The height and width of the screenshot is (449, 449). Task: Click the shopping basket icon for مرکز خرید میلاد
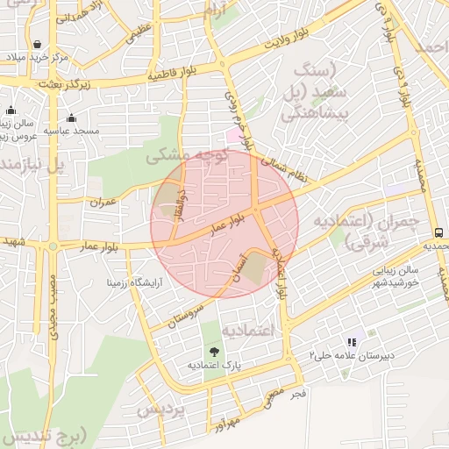coord(37,44)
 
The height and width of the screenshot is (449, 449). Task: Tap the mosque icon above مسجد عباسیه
coord(71,118)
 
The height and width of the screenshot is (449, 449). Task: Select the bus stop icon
coord(438,232)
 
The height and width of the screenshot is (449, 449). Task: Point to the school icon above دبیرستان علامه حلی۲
coord(352,342)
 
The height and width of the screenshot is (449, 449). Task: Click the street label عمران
coord(103,201)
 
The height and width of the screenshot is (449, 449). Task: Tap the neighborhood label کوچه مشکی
coord(186,155)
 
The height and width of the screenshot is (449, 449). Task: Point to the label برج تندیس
coord(44,436)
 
